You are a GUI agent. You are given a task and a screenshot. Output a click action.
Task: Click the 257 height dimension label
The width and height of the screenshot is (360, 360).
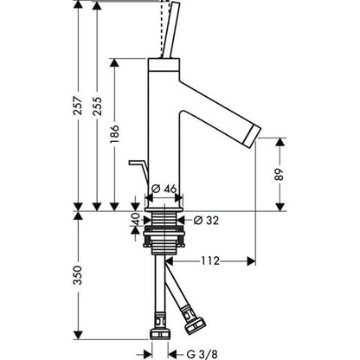point(78,106)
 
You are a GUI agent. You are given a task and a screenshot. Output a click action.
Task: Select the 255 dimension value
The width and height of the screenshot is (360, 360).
point(97,106)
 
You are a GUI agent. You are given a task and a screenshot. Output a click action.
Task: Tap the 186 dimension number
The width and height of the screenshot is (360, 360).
point(114,134)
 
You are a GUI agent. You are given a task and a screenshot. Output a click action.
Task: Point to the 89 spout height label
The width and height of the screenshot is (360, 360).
point(280,174)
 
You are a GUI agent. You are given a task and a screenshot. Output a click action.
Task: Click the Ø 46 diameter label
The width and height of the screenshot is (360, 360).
point(164,189)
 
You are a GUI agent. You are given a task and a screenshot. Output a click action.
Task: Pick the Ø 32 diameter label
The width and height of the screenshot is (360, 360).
point(206,221)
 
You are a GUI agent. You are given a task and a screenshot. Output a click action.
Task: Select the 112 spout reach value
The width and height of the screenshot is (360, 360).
point(210,261)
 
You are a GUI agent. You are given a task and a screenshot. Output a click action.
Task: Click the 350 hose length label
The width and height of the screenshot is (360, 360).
point(78,275)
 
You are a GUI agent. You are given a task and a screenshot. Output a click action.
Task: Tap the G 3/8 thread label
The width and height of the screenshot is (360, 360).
point(202,354)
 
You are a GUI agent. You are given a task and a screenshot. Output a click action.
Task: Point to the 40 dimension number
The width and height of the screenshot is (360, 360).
point(136,219)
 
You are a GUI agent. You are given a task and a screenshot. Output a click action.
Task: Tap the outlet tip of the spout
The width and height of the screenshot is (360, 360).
point(253,135)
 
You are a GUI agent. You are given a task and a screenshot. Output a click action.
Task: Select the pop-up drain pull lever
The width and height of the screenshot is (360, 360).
point(139,172)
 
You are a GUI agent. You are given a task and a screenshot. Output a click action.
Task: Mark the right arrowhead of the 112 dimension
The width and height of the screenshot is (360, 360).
point(252,261)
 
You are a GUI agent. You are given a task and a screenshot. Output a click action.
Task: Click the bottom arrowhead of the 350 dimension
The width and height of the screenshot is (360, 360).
point(78,335)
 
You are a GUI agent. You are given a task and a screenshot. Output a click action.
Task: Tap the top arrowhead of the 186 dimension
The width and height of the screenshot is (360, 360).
point(114,63)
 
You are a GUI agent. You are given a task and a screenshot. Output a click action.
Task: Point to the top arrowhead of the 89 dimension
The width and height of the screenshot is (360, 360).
point(280,142)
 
